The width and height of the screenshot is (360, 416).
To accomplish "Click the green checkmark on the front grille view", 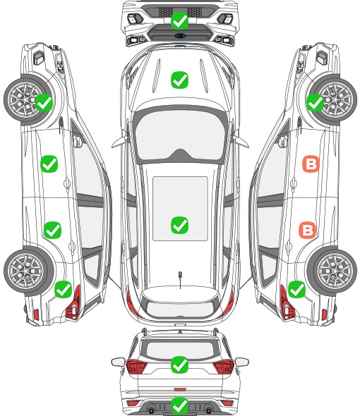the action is (x=179, y=20).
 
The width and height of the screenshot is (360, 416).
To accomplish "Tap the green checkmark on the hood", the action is (x=179, y=80).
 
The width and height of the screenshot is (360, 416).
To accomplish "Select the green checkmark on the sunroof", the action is (x=179, y=225).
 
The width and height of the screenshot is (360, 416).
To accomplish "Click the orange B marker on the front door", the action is (x=311, y=164).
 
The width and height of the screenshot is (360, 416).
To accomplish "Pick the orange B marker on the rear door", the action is (x=307, y=230).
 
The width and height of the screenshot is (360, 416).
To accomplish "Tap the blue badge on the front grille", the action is (x=180, y=35).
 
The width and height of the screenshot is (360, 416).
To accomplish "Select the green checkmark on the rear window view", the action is (x=179, y=365).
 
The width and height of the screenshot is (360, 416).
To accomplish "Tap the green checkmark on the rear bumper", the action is (x=179, y=405).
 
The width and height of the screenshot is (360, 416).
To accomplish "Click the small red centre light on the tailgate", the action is (x=180, y=389).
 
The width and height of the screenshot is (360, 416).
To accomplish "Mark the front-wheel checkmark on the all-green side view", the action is (x=44, y=103).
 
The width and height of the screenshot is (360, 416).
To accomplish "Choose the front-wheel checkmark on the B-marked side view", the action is (x=316, y=103).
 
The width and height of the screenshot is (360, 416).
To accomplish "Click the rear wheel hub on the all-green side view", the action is (x=25, y=271).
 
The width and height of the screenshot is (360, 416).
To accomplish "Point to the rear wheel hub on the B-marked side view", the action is (x=334, y=271).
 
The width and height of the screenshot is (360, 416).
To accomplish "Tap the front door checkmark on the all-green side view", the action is (x=49, y=164).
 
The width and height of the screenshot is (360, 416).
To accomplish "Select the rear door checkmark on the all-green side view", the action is (x=53, y=230).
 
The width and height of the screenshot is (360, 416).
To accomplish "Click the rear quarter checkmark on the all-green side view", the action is (x=63, y=289).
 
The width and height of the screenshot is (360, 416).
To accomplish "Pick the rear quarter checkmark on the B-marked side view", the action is (x=296, y=289).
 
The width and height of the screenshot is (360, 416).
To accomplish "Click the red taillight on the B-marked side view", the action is (x=287, y=303).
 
